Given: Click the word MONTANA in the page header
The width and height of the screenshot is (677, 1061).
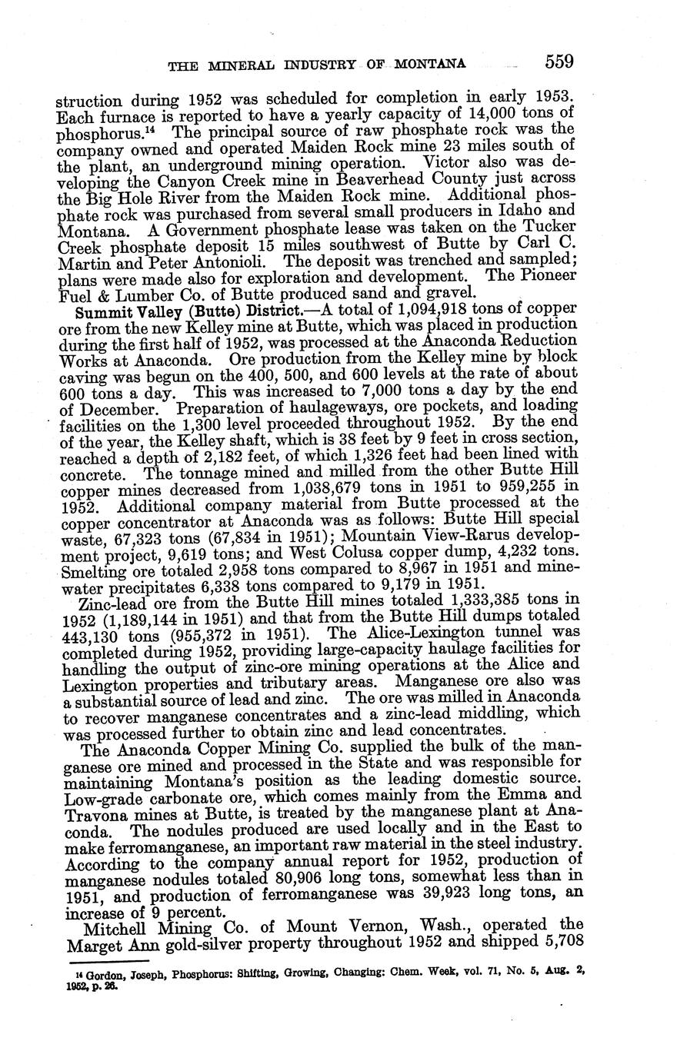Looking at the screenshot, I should (x=428, y=65).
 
